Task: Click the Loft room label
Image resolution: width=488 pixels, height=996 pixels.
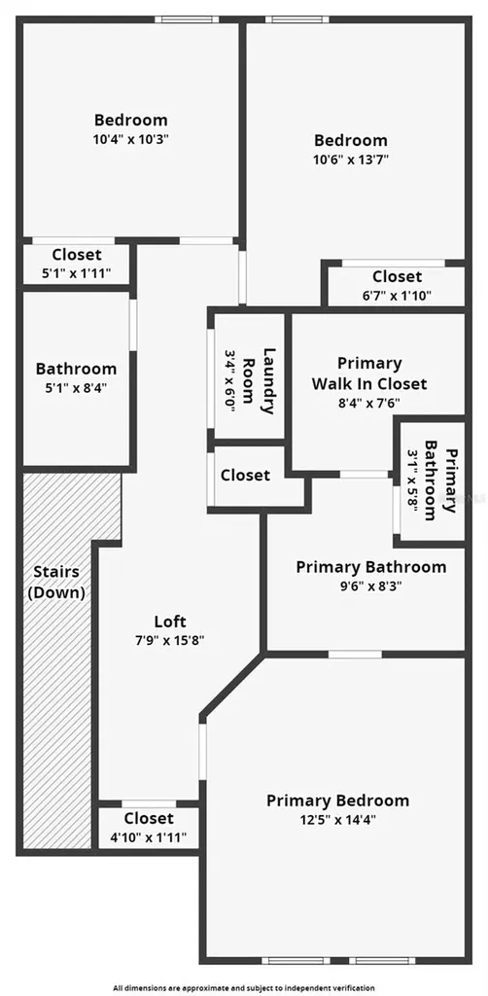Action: click(x=171, y=621)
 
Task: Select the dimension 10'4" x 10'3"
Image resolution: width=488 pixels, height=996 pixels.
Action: click(x=131, y=138)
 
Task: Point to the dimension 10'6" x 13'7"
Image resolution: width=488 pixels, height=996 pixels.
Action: click(x=351, y=159)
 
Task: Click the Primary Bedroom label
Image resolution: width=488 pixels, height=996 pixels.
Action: click(x=337, y=800)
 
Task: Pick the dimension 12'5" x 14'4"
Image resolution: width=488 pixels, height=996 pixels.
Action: click(x=337, y=819)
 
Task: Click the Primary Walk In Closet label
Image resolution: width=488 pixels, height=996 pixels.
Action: click(x=369, y=373)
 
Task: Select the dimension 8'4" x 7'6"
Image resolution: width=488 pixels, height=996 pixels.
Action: click(x=368, y=402)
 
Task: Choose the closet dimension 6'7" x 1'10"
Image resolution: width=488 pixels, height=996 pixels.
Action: click(x=397, y=296)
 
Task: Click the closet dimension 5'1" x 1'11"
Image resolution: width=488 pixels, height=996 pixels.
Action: click(x=76, y=273)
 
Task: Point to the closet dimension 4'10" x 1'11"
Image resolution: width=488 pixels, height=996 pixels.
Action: click(x=149, y=837)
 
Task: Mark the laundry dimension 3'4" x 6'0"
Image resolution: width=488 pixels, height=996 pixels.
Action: click(x=230, y=381)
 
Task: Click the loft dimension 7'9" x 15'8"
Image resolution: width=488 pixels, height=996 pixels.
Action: click(x=170, y=640)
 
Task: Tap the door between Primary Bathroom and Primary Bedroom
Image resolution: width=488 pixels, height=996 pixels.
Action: click(x=356, y=655)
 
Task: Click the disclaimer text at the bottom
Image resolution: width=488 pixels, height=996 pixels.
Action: click(x=244, y=988)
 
